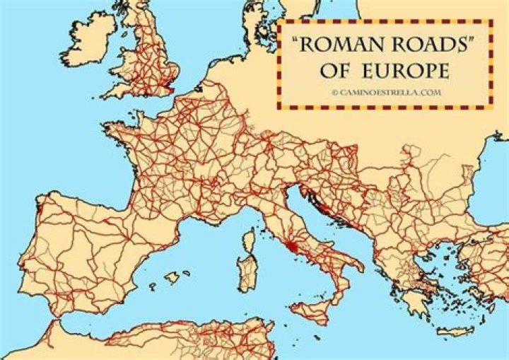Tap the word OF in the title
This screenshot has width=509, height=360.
pos(338,73)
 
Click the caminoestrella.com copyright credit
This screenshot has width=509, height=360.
pos(385,93)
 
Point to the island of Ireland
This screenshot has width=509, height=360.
pos(88,39)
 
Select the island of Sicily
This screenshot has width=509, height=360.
pos(315,311)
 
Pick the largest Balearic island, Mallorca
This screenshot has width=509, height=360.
pos(171,278)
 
